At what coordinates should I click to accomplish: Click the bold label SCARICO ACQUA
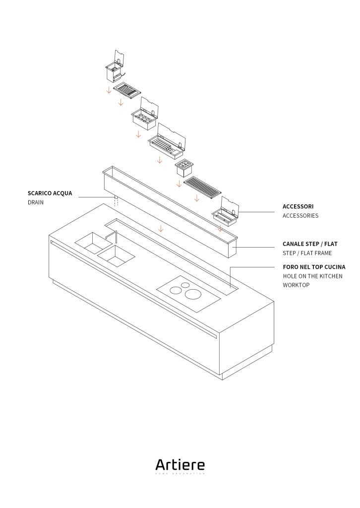click(50, 193)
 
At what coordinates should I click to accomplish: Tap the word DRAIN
click(36, 202)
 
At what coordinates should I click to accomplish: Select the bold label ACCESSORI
click(298, 206)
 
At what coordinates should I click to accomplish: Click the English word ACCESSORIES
click(300, 216)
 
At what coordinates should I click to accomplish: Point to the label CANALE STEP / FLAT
click(310, 244)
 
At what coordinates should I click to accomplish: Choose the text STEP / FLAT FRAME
click(307, 253)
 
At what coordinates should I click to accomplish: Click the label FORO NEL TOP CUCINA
click(314, 267)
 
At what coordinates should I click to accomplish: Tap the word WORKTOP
click(296, 285)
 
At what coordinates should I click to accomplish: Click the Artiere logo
click(180, 466)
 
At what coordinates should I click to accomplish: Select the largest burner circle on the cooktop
click(193, 294)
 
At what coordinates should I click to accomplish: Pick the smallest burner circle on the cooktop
click(185, 285)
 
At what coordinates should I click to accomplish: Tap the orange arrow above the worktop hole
click(161, 228)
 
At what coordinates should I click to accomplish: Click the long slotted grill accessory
click(202, 187)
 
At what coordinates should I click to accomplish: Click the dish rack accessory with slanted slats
click(127, 91)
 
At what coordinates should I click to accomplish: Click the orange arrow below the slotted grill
click(197, 198)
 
